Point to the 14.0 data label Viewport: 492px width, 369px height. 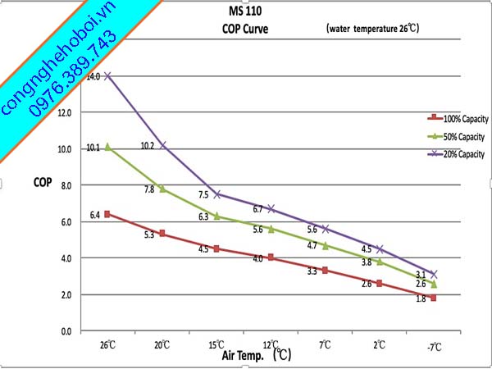(93, 76)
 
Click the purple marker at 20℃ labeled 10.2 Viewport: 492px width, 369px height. (162, 145)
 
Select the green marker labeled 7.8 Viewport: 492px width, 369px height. (162, 189)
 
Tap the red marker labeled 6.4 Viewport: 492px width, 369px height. (108, 214)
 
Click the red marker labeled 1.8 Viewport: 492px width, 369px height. (434, 298)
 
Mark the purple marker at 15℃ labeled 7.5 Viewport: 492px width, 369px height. (216, 194)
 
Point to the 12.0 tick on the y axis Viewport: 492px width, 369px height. (66, 112)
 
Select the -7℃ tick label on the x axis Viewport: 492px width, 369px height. (435, 346)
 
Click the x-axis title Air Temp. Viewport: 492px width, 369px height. (244, 356)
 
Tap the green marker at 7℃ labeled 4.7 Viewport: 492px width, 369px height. (326, 245)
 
